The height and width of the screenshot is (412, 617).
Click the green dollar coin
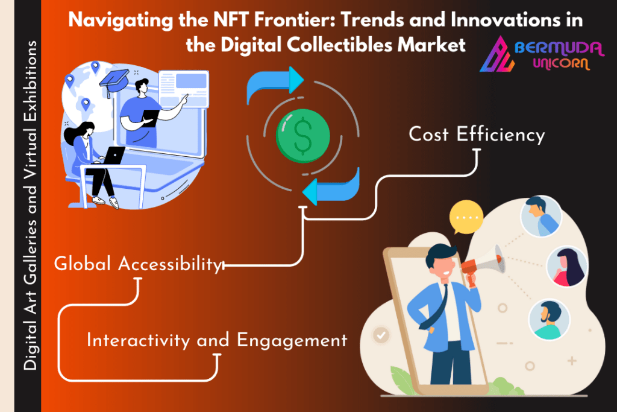point(302,136)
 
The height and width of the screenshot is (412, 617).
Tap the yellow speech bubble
point(466,217)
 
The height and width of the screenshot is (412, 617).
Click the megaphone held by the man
point(484,262)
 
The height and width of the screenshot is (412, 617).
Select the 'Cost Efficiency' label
point(477,135)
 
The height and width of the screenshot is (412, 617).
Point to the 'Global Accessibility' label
point(138,264)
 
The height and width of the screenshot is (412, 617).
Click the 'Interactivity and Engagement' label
point(217,340)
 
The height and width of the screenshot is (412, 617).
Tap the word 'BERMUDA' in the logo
point(559,48)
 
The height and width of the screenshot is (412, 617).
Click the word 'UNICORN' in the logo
point(562,63)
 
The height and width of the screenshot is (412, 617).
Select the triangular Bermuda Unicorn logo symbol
point(496,54)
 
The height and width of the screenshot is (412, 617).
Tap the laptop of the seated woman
point(113,155)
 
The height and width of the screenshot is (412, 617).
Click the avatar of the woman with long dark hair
point(567,266)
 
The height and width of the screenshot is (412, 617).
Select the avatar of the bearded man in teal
point(550,320)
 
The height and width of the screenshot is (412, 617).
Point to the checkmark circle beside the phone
point(381,335)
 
